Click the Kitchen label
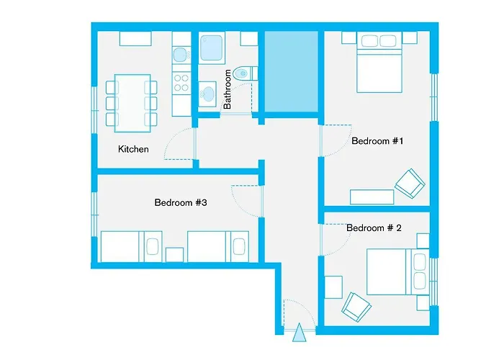click(x=133, y=149)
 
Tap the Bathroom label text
click(x=228, y=89)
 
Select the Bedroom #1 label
click(x=377, y=141)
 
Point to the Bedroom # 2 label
click(x=374, y=228)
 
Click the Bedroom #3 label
click(x=181, y=202)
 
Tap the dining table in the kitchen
click(x=132, y=102)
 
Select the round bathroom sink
click(x=208, y=94)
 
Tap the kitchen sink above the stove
click(x=180, y=55)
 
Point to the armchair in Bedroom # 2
click(x=356, y=307)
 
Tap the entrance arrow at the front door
click(x=299, y=331)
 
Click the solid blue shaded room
click(x=291, y=72)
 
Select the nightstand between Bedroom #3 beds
click(x=174, y=254)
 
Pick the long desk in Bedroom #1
click(x=372, y=197)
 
